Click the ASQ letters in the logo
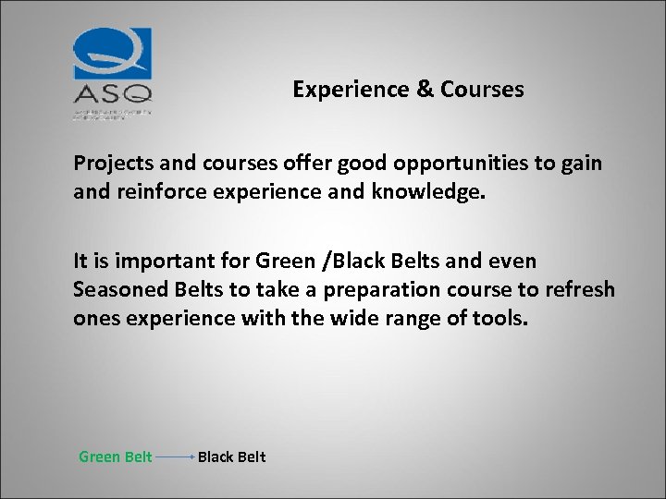tap(112, 93)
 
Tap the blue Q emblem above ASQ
tap(113, 55)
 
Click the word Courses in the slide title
tap(482, 90)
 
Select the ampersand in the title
tap(424, 90)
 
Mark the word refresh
tap(579, 289)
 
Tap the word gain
tap(583, 164)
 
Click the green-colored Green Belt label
tap(116, 456)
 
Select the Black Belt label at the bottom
tap(231, 456)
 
